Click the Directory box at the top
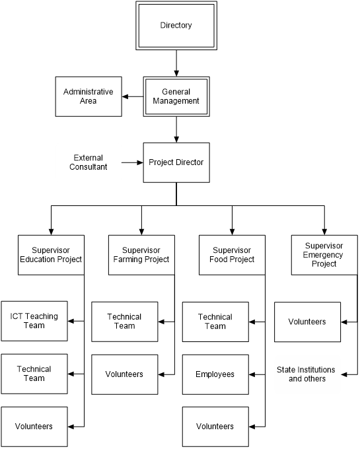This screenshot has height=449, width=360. (176, 26)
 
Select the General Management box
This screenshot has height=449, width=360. (176, 96)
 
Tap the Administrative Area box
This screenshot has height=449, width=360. (89, 96)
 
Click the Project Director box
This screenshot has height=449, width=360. (176, 162)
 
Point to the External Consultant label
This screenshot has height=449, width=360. (89, 162)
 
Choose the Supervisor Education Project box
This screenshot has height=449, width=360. (51, 255)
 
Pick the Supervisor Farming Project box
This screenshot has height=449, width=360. (141, 255)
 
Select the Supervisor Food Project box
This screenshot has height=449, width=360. (232, 255)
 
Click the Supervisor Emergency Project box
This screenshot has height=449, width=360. (324, 255)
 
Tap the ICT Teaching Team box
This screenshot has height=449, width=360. (34, 321)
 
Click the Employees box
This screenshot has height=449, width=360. (215, 374)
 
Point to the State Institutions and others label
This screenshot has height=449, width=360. (306, 374)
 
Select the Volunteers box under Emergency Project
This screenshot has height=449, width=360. (308, 322)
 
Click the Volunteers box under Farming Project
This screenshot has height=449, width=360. (125, 374)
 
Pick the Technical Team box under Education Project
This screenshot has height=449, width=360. (34, 374)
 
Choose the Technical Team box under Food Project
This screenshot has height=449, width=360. (215, 322)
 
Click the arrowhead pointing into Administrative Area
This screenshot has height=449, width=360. (125, 96)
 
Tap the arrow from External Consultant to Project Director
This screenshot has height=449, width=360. (132, 162)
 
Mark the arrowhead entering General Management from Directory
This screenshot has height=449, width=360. (176, 73)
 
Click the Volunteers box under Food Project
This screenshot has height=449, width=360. (215, 427)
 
